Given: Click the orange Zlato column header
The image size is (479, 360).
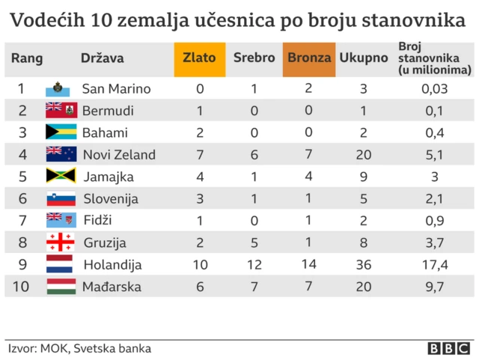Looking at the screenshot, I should (200, 58).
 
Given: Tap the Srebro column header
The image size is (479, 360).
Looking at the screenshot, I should (254, 58).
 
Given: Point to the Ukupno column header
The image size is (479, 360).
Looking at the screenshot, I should (363, 58).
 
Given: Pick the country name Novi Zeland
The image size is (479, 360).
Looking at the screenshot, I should (119, 155).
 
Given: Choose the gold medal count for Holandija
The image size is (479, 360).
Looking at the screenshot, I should (200, 264).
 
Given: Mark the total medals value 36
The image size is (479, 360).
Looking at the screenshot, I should (363, 264).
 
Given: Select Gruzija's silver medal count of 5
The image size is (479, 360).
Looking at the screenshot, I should (254, 242).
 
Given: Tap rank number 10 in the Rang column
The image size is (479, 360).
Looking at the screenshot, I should (23, 287).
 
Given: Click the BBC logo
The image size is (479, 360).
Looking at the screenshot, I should (448, 348).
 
